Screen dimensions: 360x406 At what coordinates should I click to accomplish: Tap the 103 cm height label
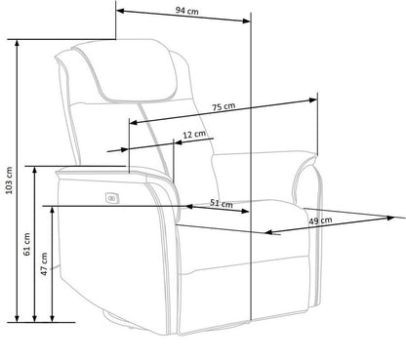pyautogui.click(x=9, y=182)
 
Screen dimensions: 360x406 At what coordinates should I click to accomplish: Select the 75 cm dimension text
pyautogui.click(x=222, y=108)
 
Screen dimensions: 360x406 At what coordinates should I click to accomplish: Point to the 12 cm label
pyautogui.click(x=194, y=134)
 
